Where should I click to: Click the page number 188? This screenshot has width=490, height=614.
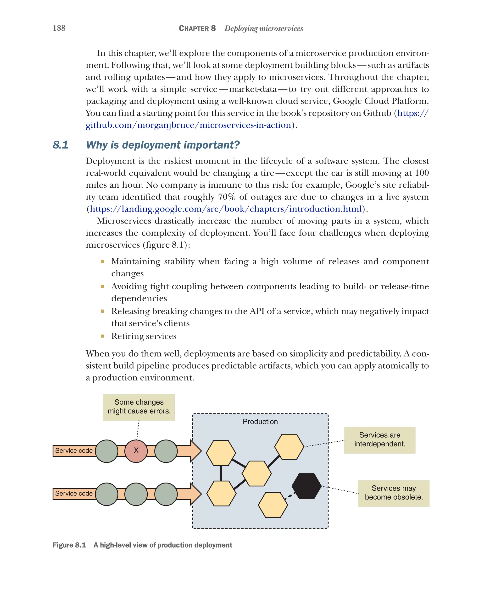59,28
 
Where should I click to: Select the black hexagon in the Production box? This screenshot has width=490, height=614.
306,486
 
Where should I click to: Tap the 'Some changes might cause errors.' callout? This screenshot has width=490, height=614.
139,407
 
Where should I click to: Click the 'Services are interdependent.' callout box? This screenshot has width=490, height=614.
379,440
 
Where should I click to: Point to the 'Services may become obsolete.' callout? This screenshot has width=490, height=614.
393,493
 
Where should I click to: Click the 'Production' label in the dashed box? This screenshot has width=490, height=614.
260,422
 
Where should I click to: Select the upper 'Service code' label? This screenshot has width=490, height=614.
74,451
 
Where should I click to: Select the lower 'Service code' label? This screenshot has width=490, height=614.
74,494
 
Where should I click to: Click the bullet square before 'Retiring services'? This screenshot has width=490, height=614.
102,336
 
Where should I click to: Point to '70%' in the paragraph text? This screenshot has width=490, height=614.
227,197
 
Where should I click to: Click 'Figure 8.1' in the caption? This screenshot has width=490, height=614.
69,545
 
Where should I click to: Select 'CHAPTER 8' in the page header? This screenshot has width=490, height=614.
197,28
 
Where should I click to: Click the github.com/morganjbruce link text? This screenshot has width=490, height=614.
188,125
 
